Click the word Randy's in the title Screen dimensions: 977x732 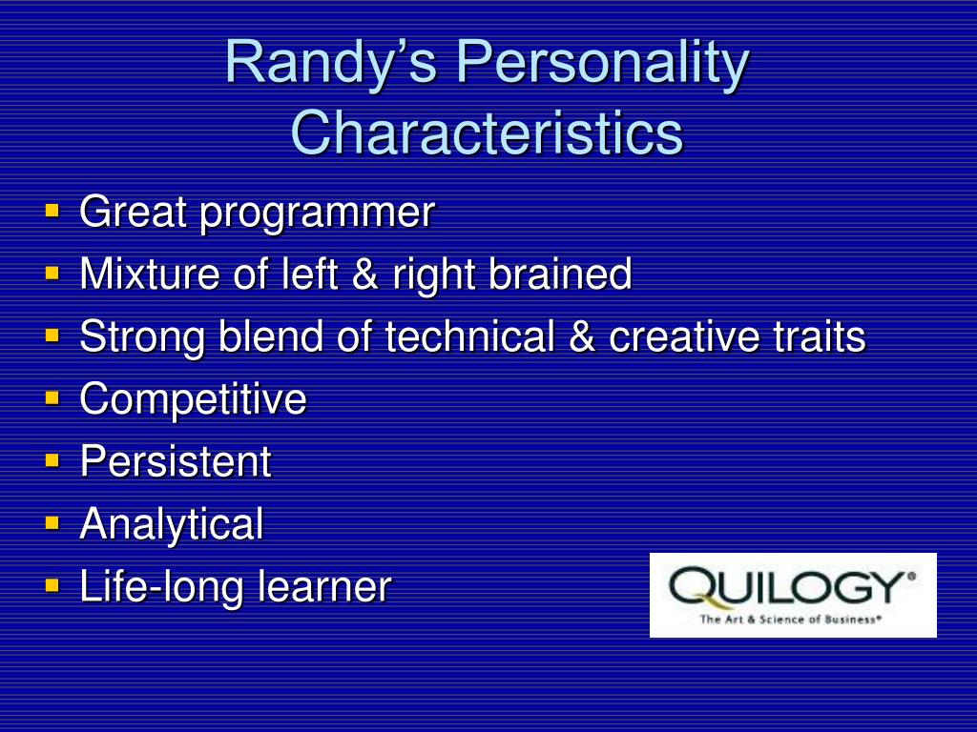point(331,63)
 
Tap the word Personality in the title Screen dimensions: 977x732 point(603,63)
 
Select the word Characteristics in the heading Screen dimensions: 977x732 point(488,132)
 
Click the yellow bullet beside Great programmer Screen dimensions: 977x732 point(52,210)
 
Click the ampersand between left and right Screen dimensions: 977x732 point(365,274)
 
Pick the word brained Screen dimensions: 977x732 point(560,274)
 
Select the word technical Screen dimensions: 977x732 point(469,335)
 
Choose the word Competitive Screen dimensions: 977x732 point(193,400)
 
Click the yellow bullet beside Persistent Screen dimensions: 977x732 point(52,459)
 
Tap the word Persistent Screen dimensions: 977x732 point(176,461)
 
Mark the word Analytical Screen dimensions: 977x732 point(172,526)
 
